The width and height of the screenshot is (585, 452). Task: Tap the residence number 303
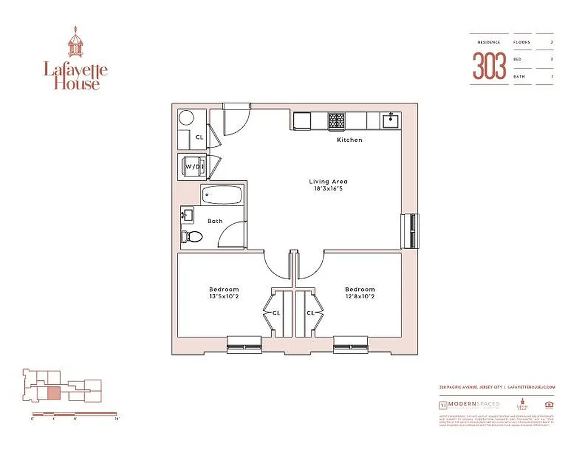tap(489, 66)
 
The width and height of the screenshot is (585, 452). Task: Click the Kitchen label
tap(349, 140)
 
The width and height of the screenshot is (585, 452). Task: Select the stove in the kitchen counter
tap(337, 120)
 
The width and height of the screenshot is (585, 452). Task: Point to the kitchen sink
tap(390, 120)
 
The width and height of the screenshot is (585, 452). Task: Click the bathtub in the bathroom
tap(223, 195)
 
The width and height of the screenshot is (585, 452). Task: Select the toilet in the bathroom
tap(191, 237)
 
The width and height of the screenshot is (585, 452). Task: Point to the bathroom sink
tap(187, 215)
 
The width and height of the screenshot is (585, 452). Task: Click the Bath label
tap(215, 221)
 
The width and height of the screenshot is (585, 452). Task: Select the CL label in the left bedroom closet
tap(276, 312)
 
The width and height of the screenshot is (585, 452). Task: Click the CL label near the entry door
tap(199, 137)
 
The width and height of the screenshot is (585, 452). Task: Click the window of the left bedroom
tap(244, 344)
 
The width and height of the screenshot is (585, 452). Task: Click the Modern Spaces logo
tap(469, 405)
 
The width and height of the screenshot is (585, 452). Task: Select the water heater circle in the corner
tap(186, 119)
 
